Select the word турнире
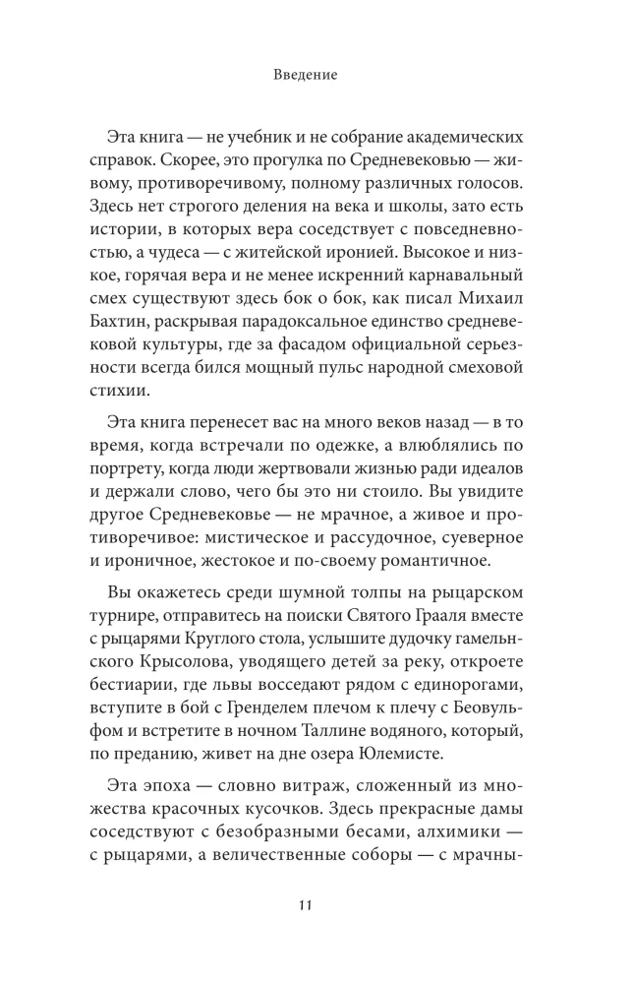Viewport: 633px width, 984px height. (153, 624)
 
